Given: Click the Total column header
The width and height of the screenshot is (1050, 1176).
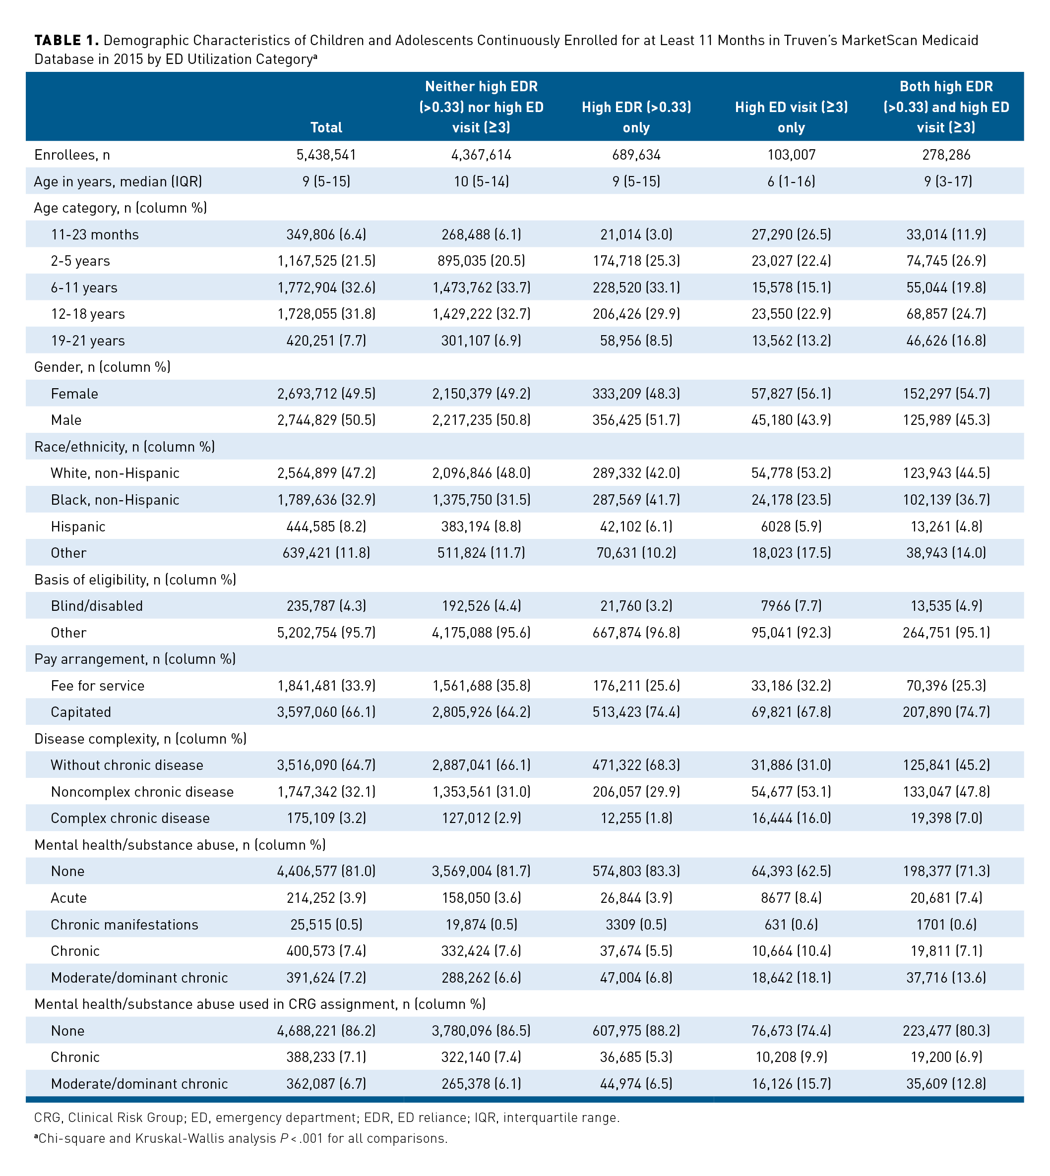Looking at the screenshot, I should [326, 127].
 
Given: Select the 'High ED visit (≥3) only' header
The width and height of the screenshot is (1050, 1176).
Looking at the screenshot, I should [791, 117].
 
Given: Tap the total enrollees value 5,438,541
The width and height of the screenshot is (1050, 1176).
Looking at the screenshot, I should [326, 155].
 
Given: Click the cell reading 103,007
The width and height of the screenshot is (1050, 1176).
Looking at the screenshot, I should [791, 155].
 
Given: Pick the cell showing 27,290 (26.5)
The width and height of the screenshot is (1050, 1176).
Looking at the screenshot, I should [791, 235].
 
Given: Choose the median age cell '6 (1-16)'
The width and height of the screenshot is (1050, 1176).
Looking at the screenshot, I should [791, 181].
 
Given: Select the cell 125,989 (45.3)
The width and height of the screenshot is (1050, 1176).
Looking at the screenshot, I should [946, 420].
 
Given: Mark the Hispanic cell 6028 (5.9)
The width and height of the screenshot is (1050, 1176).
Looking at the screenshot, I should [791, 527].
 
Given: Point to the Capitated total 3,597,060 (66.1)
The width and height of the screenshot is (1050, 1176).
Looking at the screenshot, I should [326, 712].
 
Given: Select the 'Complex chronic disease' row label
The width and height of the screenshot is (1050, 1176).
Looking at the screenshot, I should [130, 819].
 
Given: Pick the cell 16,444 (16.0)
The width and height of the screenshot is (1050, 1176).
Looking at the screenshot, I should [791, 819].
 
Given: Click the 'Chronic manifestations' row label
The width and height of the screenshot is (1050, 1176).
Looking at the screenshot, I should [124, 925].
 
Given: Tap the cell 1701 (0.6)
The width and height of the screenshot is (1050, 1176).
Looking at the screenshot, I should [946, 925].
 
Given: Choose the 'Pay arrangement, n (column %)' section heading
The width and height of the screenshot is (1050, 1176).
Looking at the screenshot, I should [135, 659].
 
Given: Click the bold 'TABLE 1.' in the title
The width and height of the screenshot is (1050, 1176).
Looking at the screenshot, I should [66, 40].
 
